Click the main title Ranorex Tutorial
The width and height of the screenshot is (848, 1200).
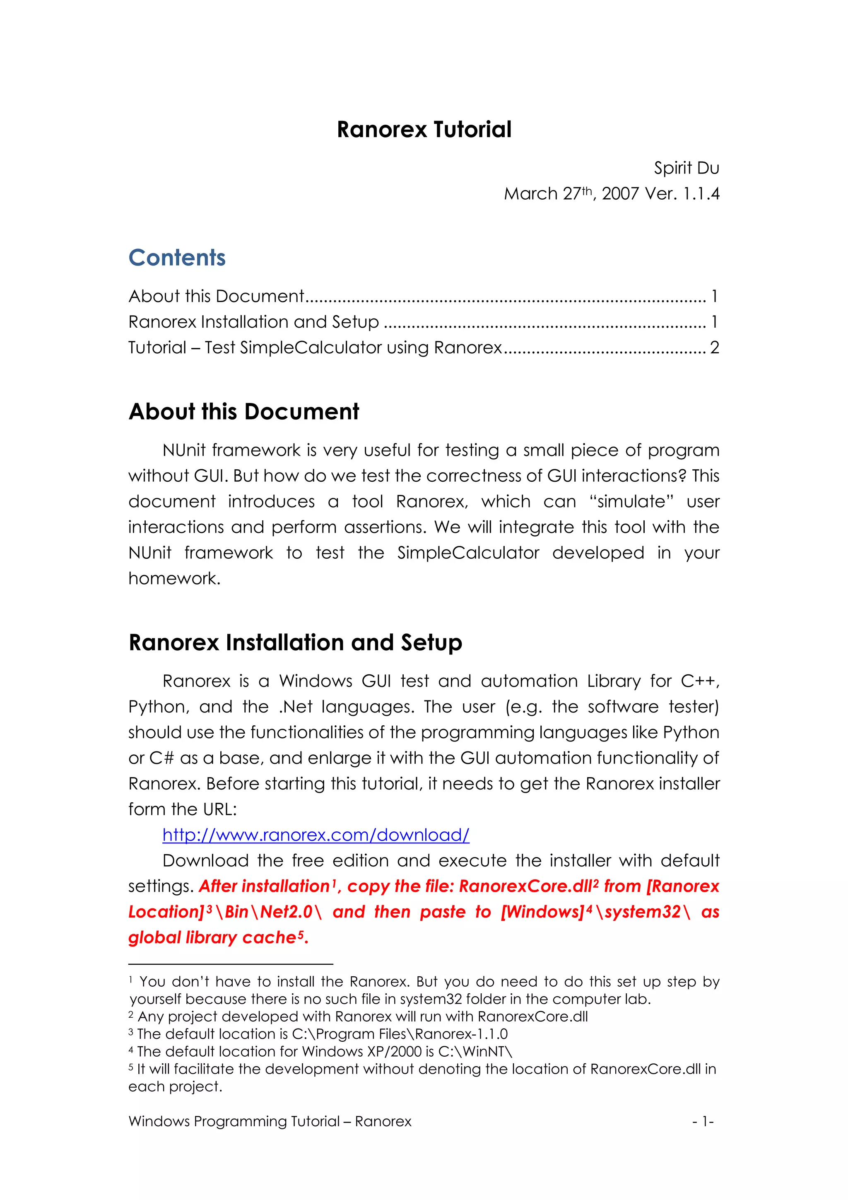(424, 130)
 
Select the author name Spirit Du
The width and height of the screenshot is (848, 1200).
(686, 168)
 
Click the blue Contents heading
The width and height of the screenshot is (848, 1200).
(177, 258)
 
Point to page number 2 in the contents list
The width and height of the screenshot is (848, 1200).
(714, 348)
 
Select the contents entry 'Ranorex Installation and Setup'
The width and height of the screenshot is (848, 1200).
(253, 322)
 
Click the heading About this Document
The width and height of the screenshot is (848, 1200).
(243, 412)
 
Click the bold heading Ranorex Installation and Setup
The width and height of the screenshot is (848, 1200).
(295, 643)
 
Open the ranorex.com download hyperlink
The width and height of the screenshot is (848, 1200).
(316, 835)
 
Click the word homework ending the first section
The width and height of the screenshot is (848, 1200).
(174, 579)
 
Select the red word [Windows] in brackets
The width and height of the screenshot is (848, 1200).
(542, 912)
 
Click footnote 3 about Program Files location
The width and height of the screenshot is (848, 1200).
(321, 1034)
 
